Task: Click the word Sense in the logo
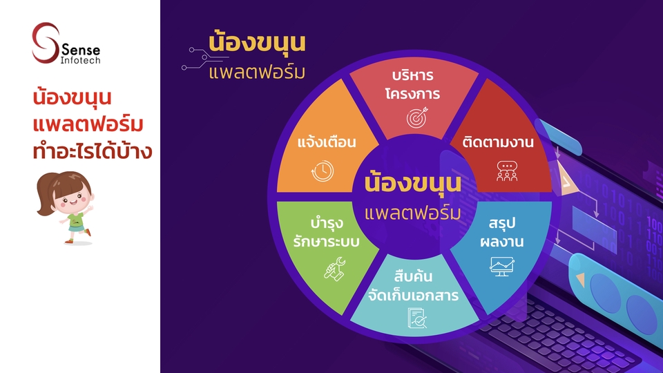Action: (81, 50)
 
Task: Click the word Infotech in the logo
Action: (80, 61)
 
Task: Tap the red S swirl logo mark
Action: (45, 43)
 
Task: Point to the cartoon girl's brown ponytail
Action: (45, 195)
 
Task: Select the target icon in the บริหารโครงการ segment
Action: (417, 117)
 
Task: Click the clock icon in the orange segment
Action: (323, 171)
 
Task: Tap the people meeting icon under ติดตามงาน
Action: (506, 171)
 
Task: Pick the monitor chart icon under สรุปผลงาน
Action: (502, 267)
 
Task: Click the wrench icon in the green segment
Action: (335, 269)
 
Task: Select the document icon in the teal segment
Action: (417, 318)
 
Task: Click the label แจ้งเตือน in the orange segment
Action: (327, 142)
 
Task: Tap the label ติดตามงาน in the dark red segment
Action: (498, 142)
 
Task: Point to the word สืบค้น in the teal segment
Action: (413, 276)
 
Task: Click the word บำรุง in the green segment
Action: (327, 223)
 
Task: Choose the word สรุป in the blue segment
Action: (502, 223)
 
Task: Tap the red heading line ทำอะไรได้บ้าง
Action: (92, 151)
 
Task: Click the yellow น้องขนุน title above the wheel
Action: (257, 43)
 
